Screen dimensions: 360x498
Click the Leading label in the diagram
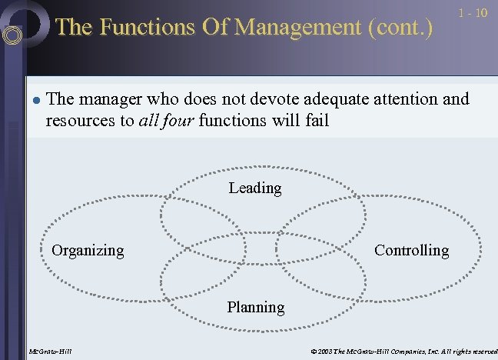254,188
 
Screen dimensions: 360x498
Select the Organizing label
87,250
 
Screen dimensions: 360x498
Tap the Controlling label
411,250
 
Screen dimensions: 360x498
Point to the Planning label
255,307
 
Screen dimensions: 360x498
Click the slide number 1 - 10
473,13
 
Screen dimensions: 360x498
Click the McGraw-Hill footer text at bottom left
49,352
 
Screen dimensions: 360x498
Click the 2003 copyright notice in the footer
399,352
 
